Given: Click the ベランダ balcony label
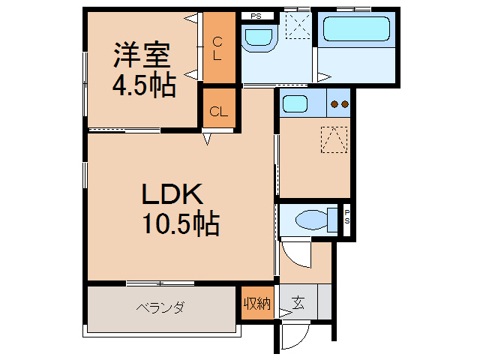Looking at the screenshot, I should (160, 307).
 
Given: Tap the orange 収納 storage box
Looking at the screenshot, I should (256, 304).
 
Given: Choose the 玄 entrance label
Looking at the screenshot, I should (298, 304).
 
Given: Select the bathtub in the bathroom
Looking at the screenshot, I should (355, 29).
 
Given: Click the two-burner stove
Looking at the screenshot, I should (340, 104).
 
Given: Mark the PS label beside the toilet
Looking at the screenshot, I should (347, 218).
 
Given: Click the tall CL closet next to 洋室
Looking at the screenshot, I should (217, 48).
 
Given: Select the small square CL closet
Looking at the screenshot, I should (218, 112).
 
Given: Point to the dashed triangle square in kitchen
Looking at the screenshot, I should (334, 139).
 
